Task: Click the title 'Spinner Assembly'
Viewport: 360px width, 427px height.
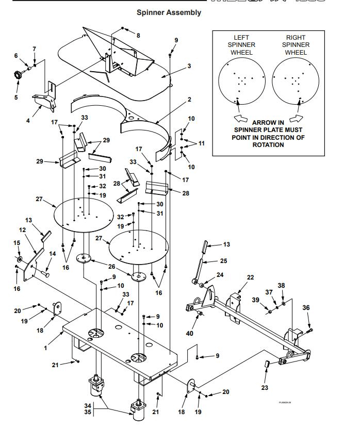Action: click(x=169, y=12)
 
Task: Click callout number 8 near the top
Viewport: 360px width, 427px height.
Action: click(x=138, y=35)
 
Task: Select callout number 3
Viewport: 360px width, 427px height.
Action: click(x=189, y=66)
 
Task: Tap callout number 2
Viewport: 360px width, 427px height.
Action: click(x=189, y=99)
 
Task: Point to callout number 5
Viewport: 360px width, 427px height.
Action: click(x=16, y=97)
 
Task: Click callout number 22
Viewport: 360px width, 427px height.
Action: click(x=251, y=277)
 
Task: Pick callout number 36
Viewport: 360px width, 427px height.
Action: click(x=306, y=308)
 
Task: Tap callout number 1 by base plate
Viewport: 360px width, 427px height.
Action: click(x=45, y=348)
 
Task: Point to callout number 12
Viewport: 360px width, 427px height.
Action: click(x=22, y=229)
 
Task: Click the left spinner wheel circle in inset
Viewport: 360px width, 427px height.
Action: click(x=241, y=79)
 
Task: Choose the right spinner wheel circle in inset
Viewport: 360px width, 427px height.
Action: click(x=296, y=79)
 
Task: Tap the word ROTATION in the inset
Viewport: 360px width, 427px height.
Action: click(x=268, y=145)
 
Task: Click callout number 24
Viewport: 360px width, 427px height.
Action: click(x=220, y=275)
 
